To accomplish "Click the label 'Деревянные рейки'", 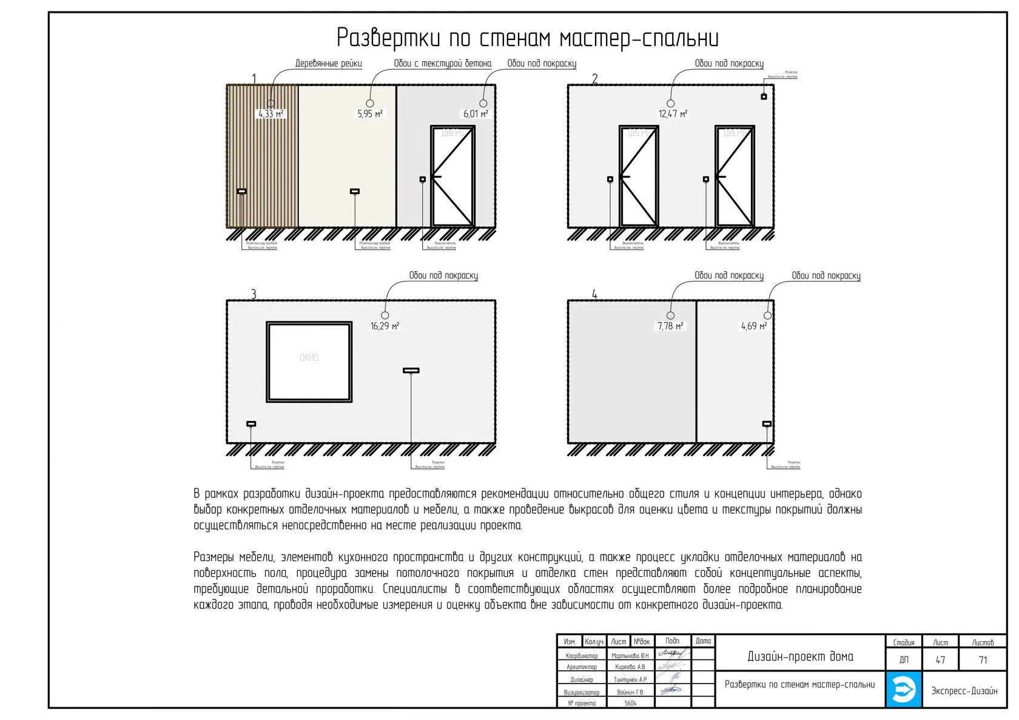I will coord(328,64).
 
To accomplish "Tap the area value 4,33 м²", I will coord(271,114).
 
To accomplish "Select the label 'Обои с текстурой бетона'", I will coord(442,64).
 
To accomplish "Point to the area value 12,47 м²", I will coord(673,114).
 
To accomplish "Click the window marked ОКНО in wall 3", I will coord(309,362).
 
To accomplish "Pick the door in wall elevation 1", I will coord(452,176).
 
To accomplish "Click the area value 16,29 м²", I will coord(385,326).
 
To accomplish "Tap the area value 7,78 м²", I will coord(670,326).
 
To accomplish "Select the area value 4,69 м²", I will coord(754,326).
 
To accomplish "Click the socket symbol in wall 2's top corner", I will coord(764,97).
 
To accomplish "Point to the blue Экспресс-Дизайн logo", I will coord(903,689).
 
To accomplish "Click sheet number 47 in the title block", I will coord(940,660).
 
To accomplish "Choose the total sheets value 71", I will coord(983,660).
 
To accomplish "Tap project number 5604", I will coord(630,703).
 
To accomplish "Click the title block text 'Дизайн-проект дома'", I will coord(800,656).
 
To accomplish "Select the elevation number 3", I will coord(254,294).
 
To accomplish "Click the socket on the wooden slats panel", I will coord(241,192).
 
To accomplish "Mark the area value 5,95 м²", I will coord(369,114).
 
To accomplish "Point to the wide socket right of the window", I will coord(411,370).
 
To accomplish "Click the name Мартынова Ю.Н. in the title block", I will coord(630,656).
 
